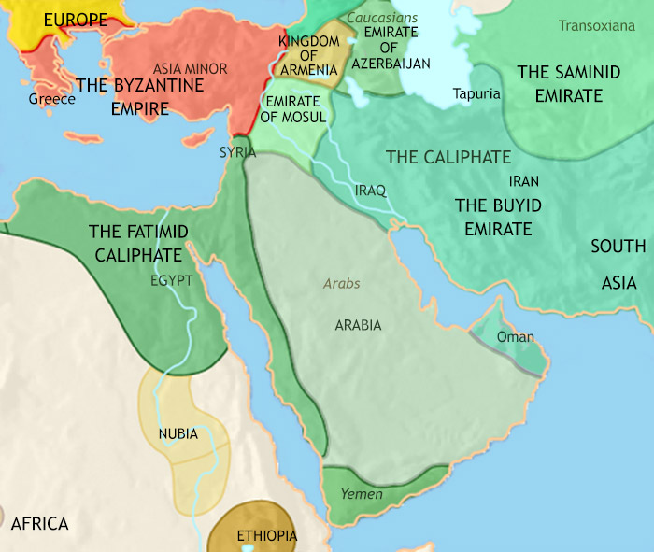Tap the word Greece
(x=51, y=98)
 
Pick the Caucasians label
(x=382, y=18)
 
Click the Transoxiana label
(x=603, y=25)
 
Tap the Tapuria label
(x=476, y=93)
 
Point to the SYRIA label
(x=237, y=151)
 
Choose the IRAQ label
(x=371, y=190)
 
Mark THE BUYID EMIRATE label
(x=492, y=216)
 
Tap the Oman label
(x=516, y=337)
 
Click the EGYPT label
(x=171, y=279)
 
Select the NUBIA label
(x=178, y=434)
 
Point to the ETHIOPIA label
(x=266, y=536)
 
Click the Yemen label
(x=362, y=492)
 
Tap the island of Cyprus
(x=195, y=139)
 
